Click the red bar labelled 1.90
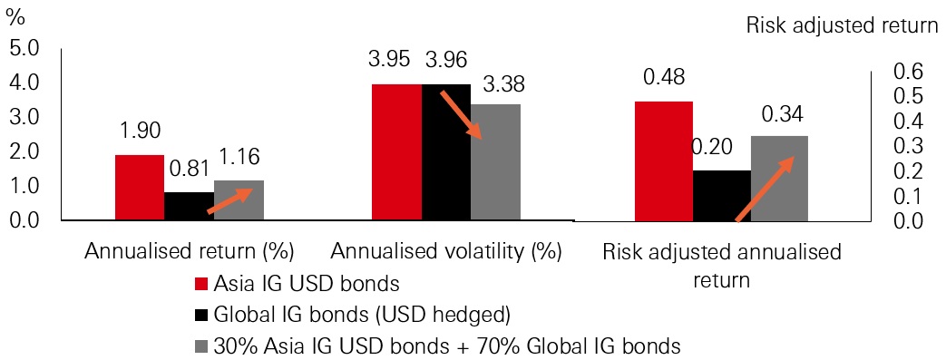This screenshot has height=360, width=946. (x=139, y=188)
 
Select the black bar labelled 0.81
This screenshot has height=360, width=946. (x=189, y=206)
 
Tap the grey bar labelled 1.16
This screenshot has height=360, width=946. (x=239, y=200)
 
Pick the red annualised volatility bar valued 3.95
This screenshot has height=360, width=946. (x=396, y=152)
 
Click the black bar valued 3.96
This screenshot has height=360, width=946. (x=446, y=152)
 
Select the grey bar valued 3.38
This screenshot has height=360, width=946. (x=495, y=162)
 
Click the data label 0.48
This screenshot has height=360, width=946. (x=663, y=79)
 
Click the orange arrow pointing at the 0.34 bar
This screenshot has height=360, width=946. (x=764, y=189)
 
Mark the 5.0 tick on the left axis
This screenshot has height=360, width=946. (x=24, y=47)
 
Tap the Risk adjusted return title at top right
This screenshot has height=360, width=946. (x=842, y=24)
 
